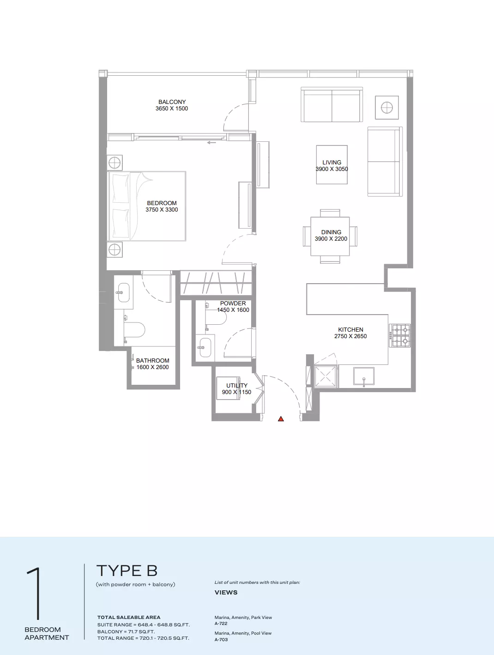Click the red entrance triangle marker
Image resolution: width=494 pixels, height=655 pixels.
(281, 418)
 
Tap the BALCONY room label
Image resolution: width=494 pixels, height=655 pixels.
(172, 102)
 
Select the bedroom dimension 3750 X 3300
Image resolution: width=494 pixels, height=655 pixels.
(162, 210)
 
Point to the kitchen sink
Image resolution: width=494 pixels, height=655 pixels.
(364, 376)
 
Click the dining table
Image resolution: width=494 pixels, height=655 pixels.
(330, 237)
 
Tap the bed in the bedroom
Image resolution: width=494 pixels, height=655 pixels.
(146, 206)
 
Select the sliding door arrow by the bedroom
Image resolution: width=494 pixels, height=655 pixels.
(211, 143)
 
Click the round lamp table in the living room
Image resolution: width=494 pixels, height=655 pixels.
(387, 108)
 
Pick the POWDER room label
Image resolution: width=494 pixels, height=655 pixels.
(233, 303)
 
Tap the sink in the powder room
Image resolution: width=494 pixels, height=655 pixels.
(205, 347)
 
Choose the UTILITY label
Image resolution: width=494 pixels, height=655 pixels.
(237, 385)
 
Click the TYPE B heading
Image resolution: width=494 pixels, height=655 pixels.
(127, 571)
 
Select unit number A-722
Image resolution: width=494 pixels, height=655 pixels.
(221, 624)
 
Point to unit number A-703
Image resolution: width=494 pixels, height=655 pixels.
(221, 639)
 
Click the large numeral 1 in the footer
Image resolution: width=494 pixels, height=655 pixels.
(35, 594)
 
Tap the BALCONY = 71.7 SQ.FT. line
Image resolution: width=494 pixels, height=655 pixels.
(126, 632)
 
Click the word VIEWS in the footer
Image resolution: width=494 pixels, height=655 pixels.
(226, 592)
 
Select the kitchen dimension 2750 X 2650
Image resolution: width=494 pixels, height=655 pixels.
(350, 336)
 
